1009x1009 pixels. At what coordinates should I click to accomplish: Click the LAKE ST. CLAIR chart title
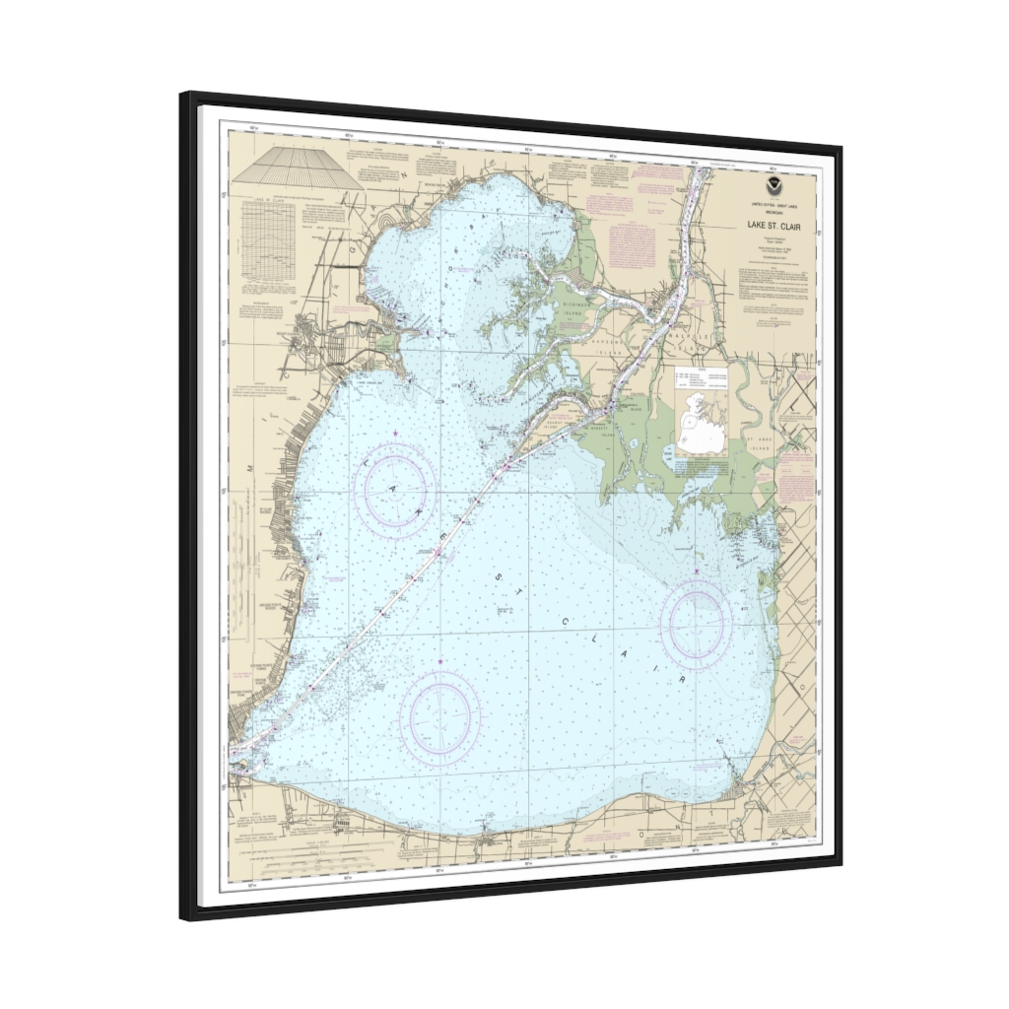[774, 226]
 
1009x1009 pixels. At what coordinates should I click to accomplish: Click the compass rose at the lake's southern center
[439, 716]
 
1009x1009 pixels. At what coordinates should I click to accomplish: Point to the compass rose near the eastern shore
[696, 623]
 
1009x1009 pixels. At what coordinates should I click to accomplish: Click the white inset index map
[701, 413]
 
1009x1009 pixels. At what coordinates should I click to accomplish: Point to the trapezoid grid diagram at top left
[294, 168]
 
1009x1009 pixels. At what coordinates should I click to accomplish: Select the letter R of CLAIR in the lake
[680, 682]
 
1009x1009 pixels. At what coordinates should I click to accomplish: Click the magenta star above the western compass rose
[396, 434]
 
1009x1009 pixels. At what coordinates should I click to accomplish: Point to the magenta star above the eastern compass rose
[696, 571]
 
